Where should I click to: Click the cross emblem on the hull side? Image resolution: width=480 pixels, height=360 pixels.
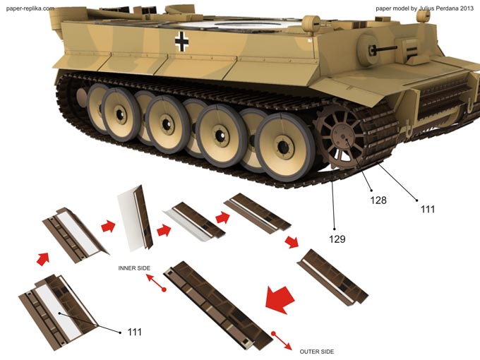coord(181,42)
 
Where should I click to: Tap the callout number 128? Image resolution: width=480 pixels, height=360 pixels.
coord(378,200)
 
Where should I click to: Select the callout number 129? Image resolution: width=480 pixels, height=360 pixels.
coord(337,239)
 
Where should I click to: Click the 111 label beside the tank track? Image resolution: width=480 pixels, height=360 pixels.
coord(428,209)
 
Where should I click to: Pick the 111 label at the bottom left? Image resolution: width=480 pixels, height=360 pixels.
coord(134,332)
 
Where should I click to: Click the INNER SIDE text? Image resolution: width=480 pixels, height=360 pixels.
coord(134,268)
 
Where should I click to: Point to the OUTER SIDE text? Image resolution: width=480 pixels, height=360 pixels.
coord(317,352)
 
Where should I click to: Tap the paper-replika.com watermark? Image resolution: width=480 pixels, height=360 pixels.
coord(30,8)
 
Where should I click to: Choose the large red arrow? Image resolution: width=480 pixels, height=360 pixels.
coord(280,299)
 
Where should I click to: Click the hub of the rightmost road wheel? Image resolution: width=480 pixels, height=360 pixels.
coord(284,147)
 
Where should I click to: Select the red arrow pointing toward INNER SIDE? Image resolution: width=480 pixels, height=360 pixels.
coord(156,282)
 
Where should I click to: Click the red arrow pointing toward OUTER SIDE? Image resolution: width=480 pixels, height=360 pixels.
coord(282,340)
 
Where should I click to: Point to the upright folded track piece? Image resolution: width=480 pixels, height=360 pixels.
coord(135,218)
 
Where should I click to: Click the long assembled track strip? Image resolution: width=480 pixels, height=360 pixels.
coord(218,305)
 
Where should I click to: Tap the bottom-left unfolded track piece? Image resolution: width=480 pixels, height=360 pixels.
coord(58,312)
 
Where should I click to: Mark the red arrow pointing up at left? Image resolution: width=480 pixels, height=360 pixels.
coord(43,258)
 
